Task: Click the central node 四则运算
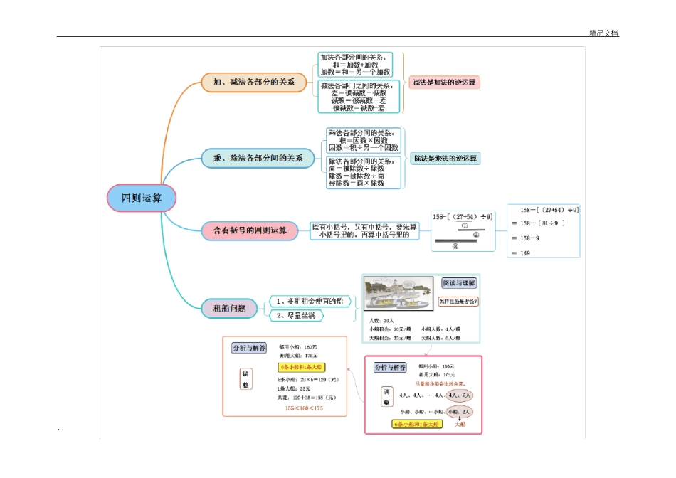pyautogui.click(x=141, y=198)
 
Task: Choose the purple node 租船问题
pyautogui.click(x=224, y=308)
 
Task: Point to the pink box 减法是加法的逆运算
pyautogui.click(x=445, y=82)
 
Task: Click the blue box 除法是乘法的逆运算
pyautogui.click(x=445, y=158)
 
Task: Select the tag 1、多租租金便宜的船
pyautogui.click(x=310, y=302)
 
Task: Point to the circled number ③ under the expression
pyautogui.click(x=455, y=246)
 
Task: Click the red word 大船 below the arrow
pyautogui.click(x=460, y=424)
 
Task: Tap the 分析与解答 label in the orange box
pyautogui.click(x=249, y=348)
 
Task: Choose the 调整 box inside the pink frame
pyautogui.click(x=387, y=398)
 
